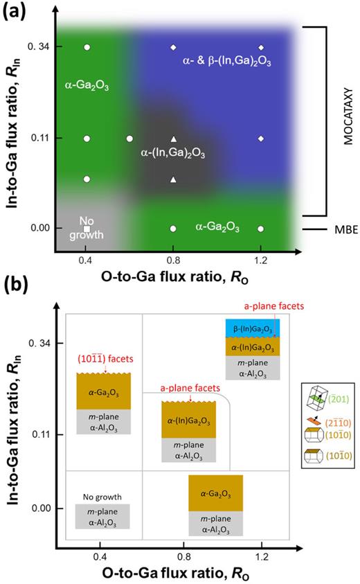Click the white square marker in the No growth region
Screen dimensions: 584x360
pos(87,228)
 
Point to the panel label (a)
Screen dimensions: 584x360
pos(15,12)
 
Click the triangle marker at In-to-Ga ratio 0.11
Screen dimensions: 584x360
pos(173,139)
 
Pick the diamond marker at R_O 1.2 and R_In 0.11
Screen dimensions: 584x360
pos(260,139)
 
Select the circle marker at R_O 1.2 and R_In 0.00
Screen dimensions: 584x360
pos(260,228)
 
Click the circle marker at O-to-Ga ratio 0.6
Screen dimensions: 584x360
pos(130,139)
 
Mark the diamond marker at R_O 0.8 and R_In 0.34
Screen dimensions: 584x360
pos(173,47)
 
